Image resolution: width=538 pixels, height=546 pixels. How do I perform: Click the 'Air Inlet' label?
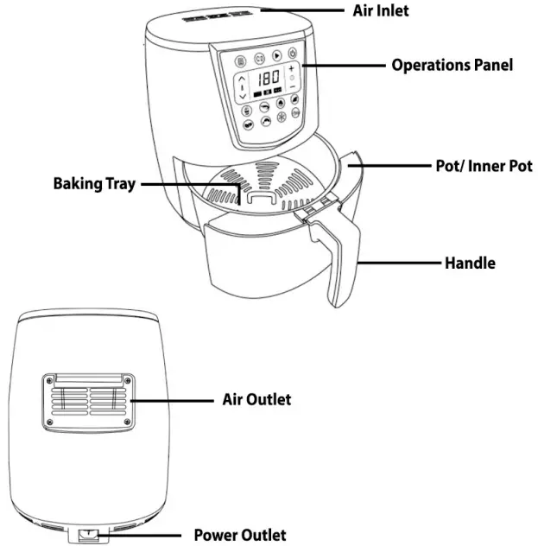click(380, 11)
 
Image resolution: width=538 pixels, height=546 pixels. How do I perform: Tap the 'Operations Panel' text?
click(452, 65)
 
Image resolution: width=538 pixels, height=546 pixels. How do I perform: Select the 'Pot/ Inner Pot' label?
click(483, 165)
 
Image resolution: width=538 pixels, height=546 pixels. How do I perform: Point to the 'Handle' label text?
click(470, 262)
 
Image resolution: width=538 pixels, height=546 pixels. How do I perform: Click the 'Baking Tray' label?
click(94, 184)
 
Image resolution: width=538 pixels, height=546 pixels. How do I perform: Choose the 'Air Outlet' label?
click(256, 399)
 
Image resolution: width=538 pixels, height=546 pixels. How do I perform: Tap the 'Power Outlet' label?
click(239, 535)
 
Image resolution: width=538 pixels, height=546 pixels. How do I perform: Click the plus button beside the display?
click(291, 67)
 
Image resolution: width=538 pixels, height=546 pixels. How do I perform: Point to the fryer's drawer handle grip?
click(338, 259)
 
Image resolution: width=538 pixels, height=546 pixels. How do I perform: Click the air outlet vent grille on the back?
click(86, 402)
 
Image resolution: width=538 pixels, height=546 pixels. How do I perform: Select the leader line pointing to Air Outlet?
click(173, 400)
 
